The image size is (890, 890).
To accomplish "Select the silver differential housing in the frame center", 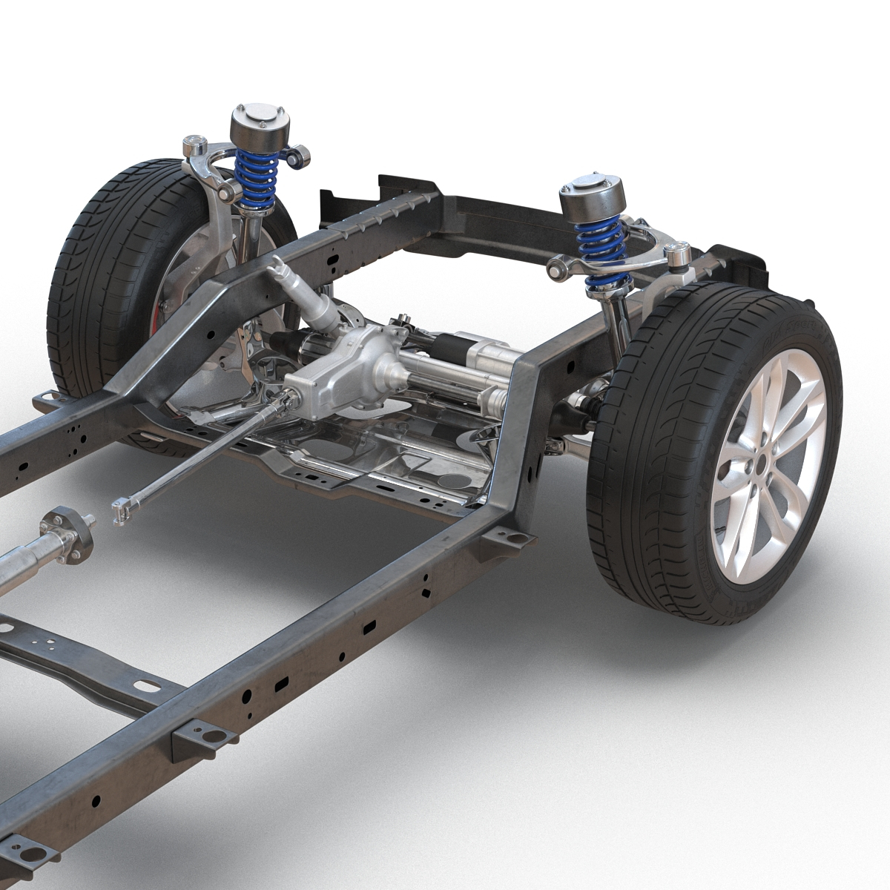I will [345, 371].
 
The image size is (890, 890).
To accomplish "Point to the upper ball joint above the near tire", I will [677, 257].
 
